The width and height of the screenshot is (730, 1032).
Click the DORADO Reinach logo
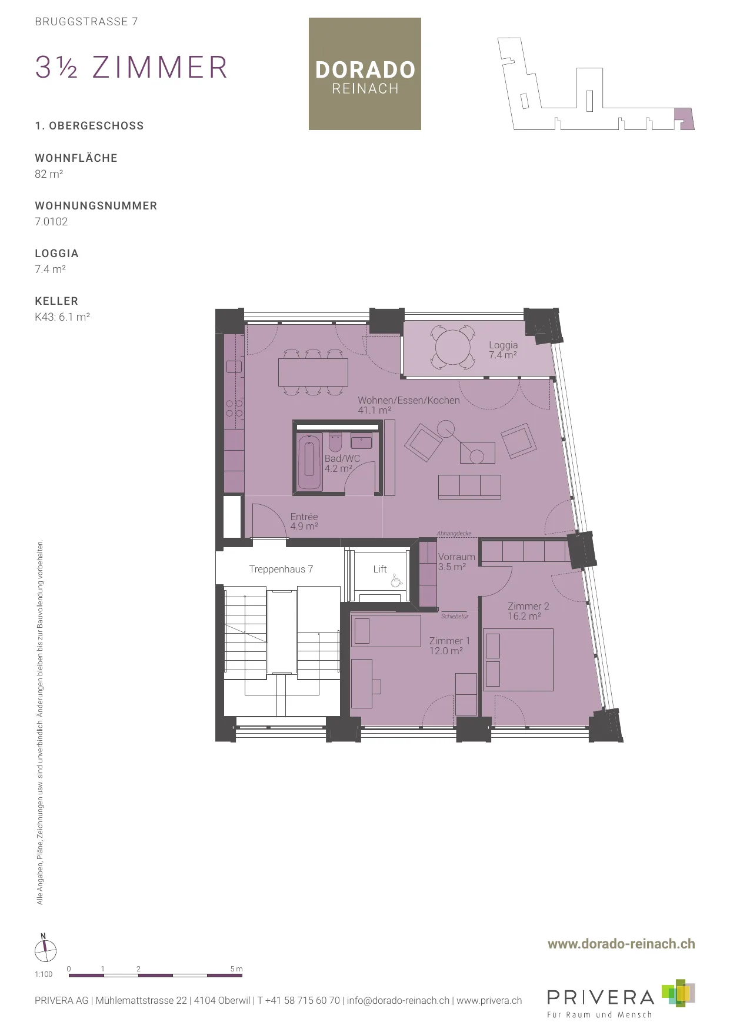(x=365, y=74)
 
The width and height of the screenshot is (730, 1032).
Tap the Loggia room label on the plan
(x=503, y=350)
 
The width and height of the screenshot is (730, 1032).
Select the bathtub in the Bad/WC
(x=309, y=462)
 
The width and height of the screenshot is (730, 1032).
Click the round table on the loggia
(x=454, y=347)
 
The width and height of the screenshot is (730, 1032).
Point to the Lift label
(x=380, y=569)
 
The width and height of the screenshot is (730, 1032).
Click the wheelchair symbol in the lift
(x=396, y=581)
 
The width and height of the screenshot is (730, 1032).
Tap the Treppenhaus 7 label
(x=281, y=569)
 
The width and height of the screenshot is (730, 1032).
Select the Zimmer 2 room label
(x=528, y=611)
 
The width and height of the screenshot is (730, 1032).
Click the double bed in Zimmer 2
(x=518, y=660)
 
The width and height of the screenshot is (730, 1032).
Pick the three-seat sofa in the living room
(x=469, y=487)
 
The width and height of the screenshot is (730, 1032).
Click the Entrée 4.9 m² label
(x=304, y=521)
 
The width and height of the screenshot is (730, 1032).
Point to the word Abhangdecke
(x=454, y=534)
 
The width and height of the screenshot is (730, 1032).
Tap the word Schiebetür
(x=455, y=617)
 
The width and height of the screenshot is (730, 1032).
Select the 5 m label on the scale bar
(x=236, y=969)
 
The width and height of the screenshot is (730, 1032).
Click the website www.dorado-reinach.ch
(x=621, y=944)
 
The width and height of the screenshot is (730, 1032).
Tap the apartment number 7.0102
(x=51, y=222)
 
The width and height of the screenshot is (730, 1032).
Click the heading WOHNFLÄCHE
(x=76, y=158)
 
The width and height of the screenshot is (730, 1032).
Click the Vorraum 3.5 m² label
(x=456, y=561)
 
